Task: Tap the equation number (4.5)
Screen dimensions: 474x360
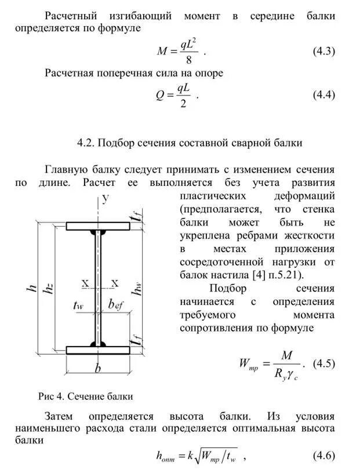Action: click(324, 364)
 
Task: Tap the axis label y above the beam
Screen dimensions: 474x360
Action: click(106, 200)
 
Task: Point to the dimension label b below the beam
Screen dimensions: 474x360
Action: click(97, 368)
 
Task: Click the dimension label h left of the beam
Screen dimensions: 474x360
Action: click(31, 288)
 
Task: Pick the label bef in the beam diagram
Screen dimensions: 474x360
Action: click(117, 305)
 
